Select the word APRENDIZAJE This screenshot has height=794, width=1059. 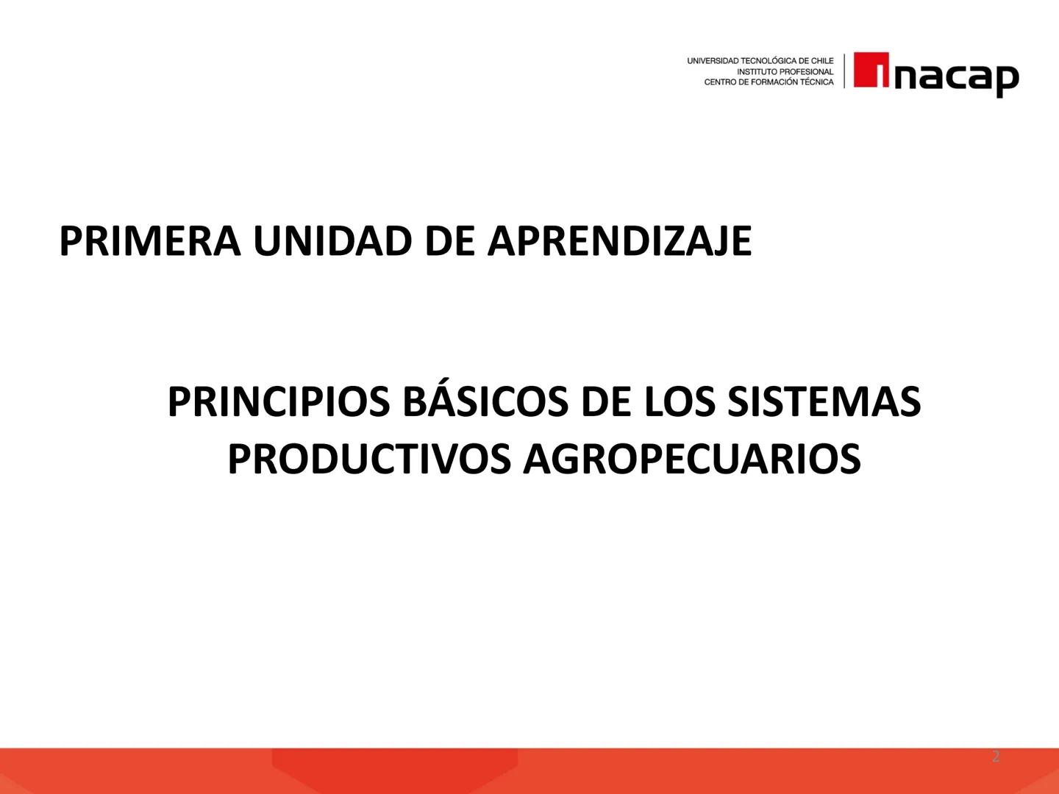coord(620,240)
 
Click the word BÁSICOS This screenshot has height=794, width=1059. coord(486,402)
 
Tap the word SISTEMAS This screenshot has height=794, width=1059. coord(824,402)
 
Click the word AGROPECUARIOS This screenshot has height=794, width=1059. coord(691,459)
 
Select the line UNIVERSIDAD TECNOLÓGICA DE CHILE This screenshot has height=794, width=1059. coord(760,61)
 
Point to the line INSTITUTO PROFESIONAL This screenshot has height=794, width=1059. coord(785,72)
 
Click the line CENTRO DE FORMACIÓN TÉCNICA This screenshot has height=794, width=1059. coord(769,82)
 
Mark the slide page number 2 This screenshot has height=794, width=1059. coord(996,757)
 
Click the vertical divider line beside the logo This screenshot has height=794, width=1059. coord(844,71)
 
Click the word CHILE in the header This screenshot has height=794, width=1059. coord(821,61)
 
